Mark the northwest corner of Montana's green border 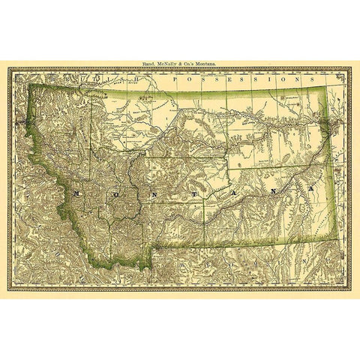click(30, 84)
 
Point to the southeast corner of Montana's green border click(333, 244)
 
